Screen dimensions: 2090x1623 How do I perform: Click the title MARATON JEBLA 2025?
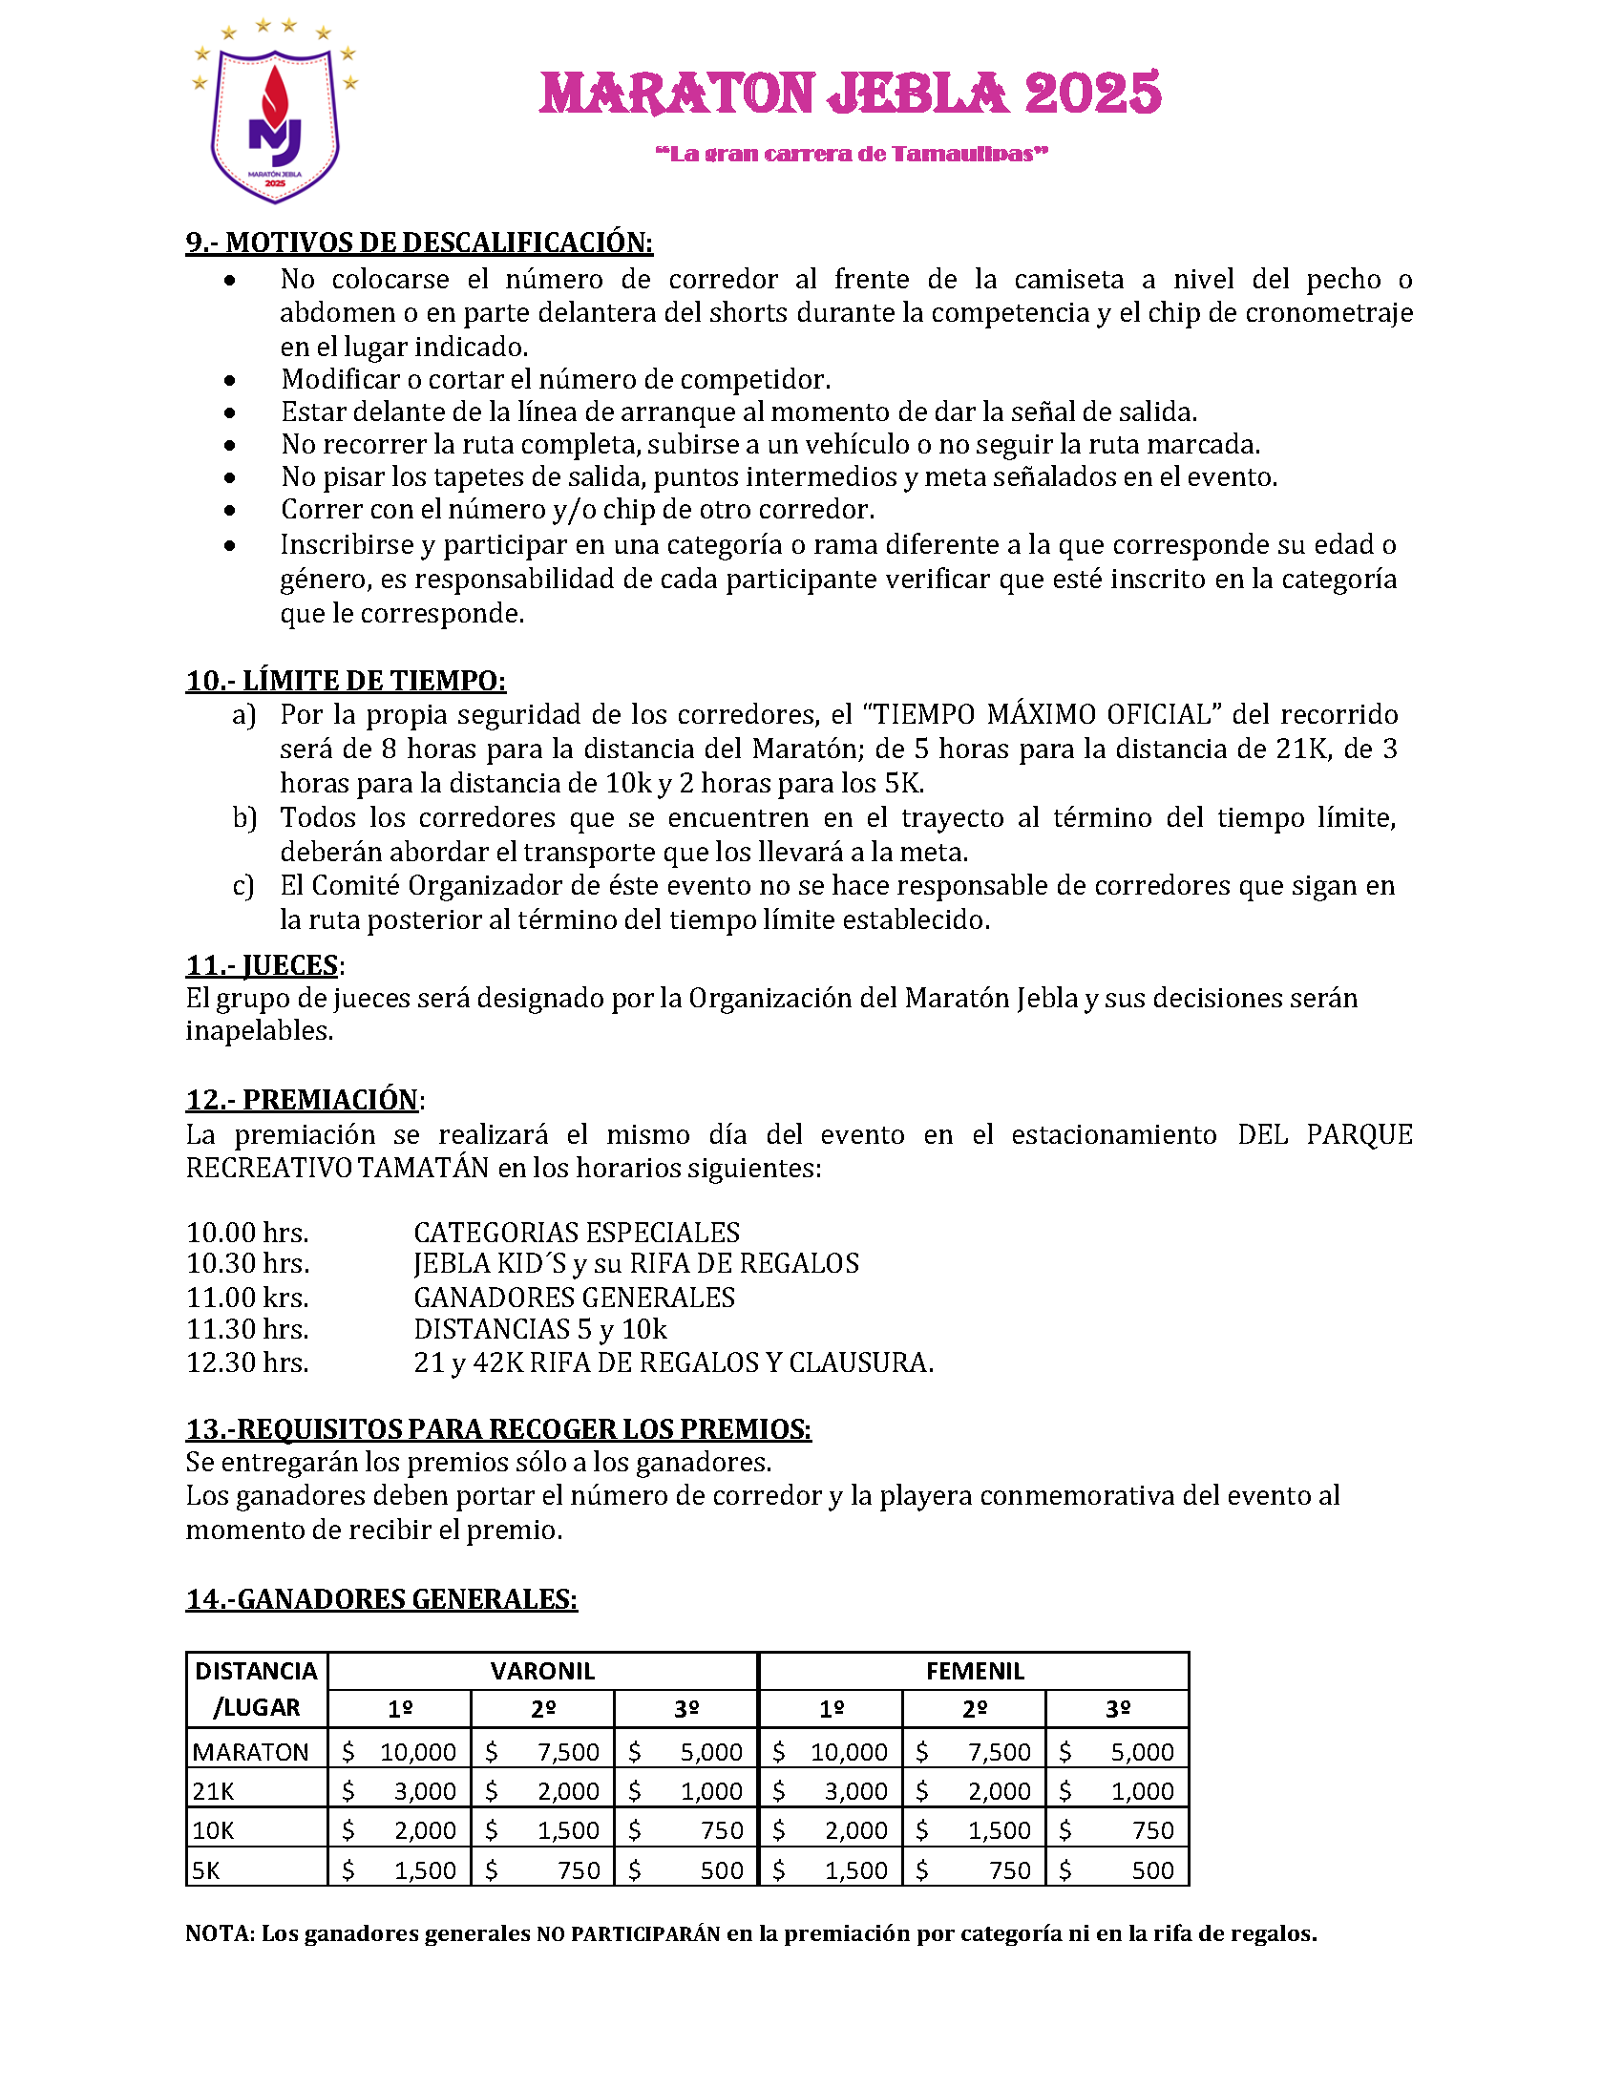(850, 94)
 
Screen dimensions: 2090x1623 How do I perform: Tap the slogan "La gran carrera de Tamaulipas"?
(851, 154)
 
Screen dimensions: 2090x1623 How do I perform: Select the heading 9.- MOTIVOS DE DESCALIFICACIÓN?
(419, 243)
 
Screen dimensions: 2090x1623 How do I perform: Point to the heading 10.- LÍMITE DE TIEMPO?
(346, 681)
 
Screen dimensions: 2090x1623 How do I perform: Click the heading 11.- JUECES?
(263, 964)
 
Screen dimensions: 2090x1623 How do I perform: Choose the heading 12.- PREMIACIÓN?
(303, 1100)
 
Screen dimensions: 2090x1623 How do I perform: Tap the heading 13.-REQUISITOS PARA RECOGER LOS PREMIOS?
(498, 1428)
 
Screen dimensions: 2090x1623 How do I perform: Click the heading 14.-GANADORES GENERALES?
(382, 1599)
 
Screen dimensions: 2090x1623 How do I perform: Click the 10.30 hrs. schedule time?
(248, 1264)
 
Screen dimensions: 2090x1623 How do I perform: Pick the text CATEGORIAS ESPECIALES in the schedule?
(577, 1233)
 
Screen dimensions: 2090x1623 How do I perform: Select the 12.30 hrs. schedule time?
(248, 1362)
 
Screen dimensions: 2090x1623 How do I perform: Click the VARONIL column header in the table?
(542, 1671)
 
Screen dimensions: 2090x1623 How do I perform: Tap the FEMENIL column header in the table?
(974, 1671)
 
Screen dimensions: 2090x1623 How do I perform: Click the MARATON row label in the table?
(251, 1752)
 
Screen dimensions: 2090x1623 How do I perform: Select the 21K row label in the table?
(214, 1791)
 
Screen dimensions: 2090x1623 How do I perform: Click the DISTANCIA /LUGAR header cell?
(257, 1689)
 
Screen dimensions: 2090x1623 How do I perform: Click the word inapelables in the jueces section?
(259, 1030)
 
